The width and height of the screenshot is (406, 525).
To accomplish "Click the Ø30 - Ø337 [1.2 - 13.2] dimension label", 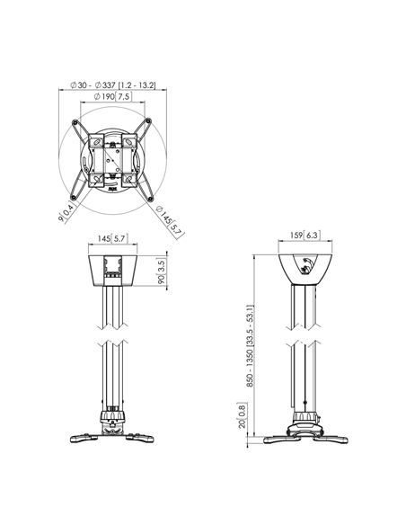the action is pyautogui.click(x=112, y=85).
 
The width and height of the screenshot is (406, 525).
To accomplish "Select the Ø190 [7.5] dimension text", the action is pyautogui.click(x=112, y=97).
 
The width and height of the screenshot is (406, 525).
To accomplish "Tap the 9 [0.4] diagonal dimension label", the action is pyautogui.click(x=66, y=212).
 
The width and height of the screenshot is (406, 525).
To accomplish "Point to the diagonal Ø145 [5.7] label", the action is pyautogui.click(x=171, y=222).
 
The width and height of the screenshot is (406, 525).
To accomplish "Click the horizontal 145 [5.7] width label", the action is pyautogui.click(x=112, y=238).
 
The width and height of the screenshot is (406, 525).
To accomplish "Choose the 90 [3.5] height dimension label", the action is pyautogui.click(x=162, y=271).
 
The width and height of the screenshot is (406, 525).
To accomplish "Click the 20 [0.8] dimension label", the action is pyautogui.click(x=242, y=415).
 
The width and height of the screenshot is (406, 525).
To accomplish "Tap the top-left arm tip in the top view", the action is pyautogui.click(x=75, y=122).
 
